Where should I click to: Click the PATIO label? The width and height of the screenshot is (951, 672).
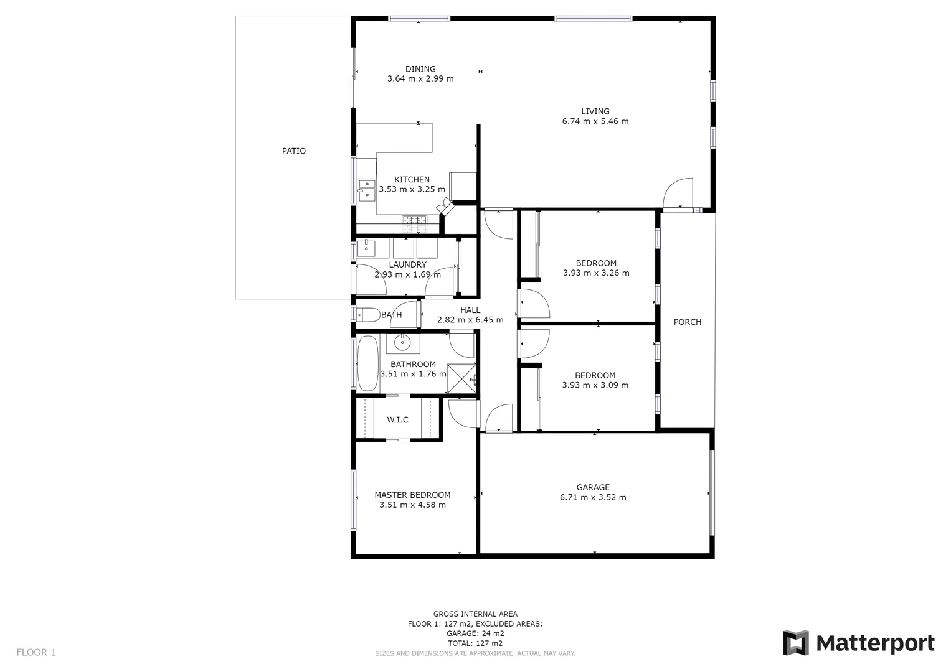click(294, 151)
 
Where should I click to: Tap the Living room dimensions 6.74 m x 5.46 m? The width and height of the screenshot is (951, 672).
click(595, 121)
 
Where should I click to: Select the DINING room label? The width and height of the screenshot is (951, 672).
click(420, 69)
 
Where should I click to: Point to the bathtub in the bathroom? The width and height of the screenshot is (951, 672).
click(367, 364)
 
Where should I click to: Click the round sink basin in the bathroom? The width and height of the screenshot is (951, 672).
click(403, 342)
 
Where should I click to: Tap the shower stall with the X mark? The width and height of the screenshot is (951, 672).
click(461, 378)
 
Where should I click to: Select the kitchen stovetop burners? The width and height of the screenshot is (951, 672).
click(414, 220)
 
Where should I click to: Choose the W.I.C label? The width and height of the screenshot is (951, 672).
click(397, 420)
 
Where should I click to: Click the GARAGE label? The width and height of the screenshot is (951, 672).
click(593, 487)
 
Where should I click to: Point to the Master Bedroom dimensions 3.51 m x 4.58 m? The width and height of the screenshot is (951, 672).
click(412, 505)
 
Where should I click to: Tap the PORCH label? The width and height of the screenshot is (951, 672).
click(688, 322)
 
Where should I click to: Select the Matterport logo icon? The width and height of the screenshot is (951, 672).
click(795, 643)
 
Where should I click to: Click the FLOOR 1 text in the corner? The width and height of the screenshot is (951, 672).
click(36, 652)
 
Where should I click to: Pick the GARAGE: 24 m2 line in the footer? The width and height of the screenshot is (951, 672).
click(475, 633)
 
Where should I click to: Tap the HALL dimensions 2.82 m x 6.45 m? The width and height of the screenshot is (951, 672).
click(470, 320)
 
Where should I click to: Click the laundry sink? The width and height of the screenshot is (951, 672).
click(366, 248)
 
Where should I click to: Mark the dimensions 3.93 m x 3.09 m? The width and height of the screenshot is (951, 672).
click(595, 385)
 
